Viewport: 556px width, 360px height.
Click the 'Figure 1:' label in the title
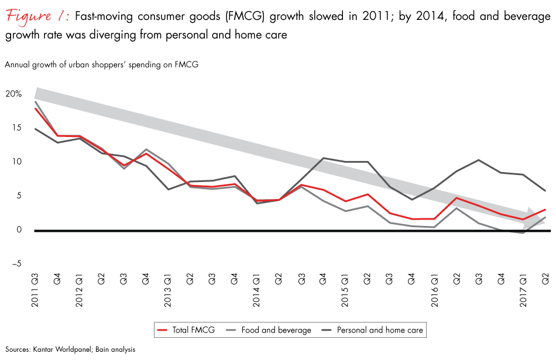[x=36, y=16]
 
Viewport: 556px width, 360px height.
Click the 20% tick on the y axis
[x=14, y=94]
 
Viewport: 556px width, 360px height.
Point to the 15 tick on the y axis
[x=16, y=128]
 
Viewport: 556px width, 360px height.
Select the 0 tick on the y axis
[x=19, y=230]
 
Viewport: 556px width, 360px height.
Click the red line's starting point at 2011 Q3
[x=36, y=108]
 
